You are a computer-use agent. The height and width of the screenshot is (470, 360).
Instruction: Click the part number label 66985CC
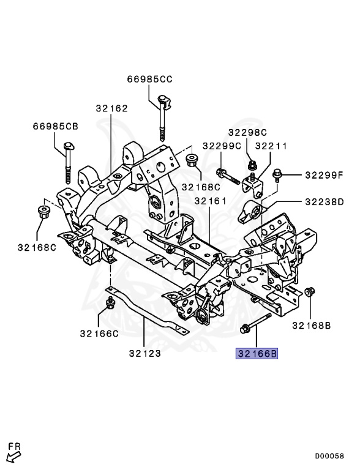tap(150, 79)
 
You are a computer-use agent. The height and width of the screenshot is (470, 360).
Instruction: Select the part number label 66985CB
tap(56, 127)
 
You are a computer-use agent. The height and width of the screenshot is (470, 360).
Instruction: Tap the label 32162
tap(111, 109)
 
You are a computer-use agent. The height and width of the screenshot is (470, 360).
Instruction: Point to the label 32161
tap(211, 201)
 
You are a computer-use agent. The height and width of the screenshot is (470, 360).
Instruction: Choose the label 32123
tap(145, 353)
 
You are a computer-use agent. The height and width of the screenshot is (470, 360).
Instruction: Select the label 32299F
tap(325, 175)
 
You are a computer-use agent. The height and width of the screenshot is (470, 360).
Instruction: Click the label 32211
tap(271, 146)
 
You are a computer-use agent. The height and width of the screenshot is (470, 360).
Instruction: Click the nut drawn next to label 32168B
tap(310, 293)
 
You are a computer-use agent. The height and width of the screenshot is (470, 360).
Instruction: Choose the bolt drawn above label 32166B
tap(255, 324)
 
